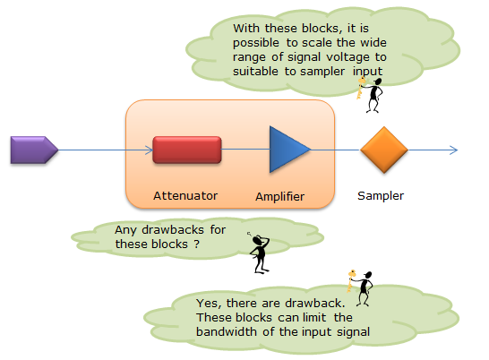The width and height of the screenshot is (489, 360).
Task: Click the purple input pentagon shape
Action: (x=34, y=150)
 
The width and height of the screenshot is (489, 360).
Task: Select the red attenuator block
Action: (x=187, y=150)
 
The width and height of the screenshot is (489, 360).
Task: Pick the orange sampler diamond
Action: (x=384, y=150)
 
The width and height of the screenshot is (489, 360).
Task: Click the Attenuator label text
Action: (x=185, y=195)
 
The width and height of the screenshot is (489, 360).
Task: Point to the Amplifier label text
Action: (x=280, y=196)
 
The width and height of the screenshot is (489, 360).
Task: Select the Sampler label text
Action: (x=381, y=196)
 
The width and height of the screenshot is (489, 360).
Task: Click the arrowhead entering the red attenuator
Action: (x=150, y=150)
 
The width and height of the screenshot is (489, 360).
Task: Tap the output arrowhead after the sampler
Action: (x=454, y=150)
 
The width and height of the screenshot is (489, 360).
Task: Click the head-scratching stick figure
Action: (x=260, y=253)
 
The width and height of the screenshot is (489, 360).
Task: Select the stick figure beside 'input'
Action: (x=371, y=95)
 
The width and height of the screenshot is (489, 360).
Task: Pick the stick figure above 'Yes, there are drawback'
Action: (x=361, y=288)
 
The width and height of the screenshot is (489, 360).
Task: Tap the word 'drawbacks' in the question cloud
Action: (x=173, y=230)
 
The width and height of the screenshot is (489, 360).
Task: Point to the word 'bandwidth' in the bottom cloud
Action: (x=227, y=331)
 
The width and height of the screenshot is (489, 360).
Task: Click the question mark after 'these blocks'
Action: (x=196, y=244)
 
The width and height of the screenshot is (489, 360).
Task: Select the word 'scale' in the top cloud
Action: (x=315, y=43)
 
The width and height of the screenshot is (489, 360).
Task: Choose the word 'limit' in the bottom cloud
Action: (x=314, y=317)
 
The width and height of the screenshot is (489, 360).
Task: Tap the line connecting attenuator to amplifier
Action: (x=245, y=150)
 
